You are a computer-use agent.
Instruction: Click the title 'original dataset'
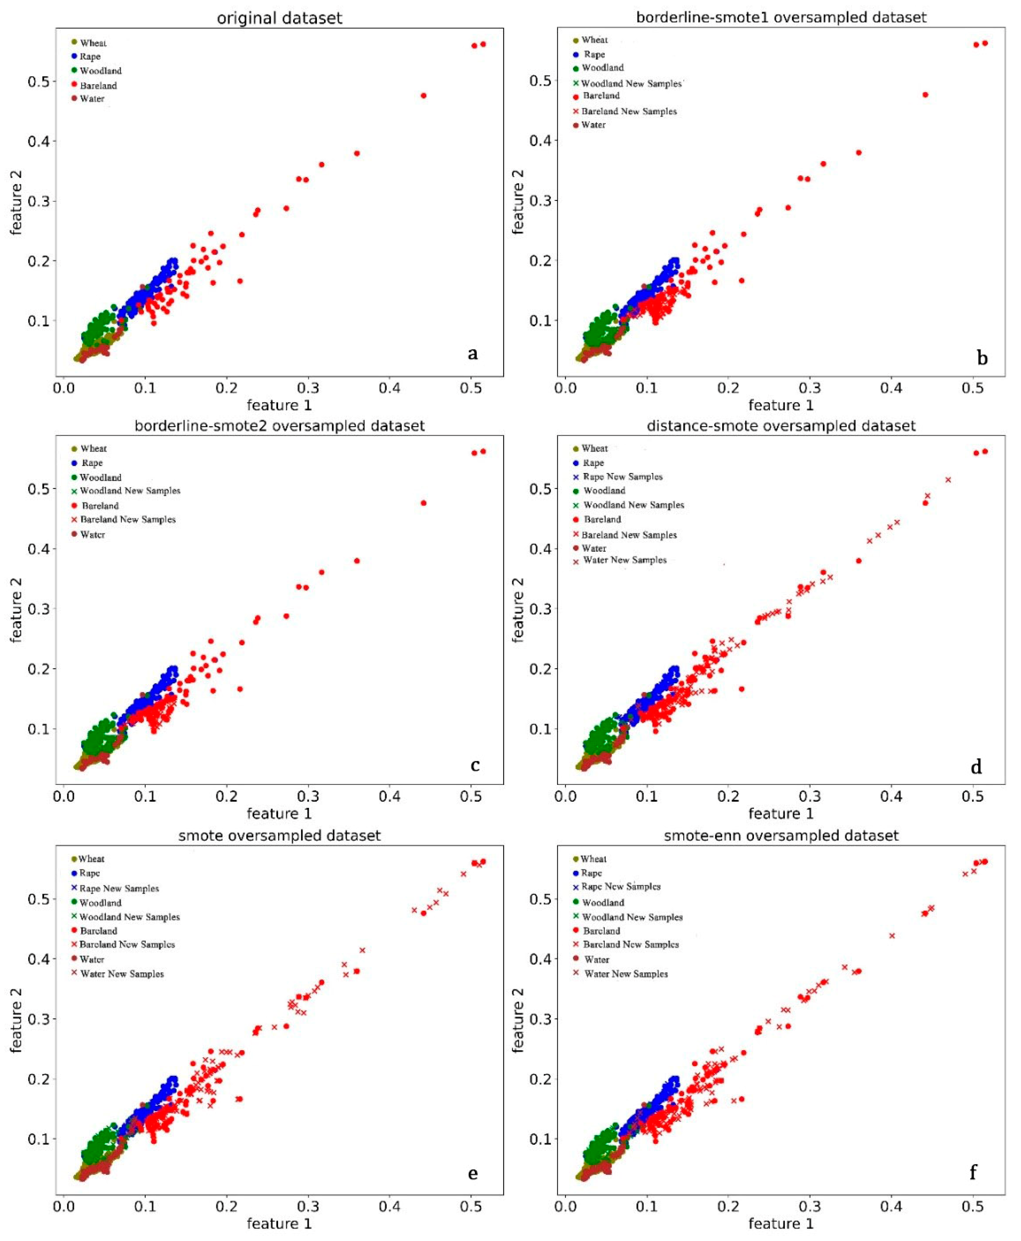click(279, 18)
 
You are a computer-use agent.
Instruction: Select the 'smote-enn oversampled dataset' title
click(781, 835)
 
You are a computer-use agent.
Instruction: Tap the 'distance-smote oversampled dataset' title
click(781, 425)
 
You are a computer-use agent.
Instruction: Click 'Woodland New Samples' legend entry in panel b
click(631, 84)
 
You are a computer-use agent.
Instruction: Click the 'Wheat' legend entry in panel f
click(593, 859)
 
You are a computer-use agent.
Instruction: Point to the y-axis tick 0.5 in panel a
click(38, 81)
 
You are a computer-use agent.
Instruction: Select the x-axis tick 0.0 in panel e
click(63, 1207)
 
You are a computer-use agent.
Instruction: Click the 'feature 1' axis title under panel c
click(279, 814)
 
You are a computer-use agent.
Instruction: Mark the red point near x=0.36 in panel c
click(356, 561)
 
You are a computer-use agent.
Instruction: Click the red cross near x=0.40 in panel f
click(892, 936)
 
